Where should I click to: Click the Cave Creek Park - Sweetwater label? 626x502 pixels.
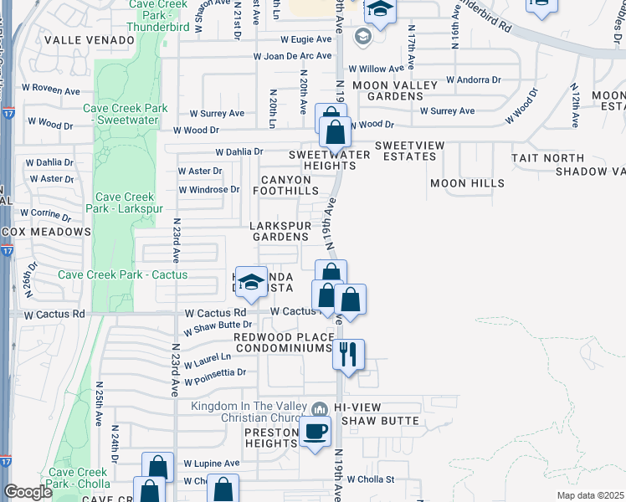tap(126, 115)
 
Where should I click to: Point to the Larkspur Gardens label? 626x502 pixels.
tap(281, 231)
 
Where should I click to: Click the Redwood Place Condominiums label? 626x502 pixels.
tap(283, 342)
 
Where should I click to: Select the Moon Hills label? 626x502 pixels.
tap(467, 182)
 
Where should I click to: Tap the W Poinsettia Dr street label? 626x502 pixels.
tap(216, 374)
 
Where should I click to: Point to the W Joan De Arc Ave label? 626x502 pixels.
tap(294, 57)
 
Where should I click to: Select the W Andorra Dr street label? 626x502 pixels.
tap(473, 80)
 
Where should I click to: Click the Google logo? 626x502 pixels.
tap(28, 492)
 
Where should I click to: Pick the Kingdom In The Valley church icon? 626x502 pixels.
tap(318, 409)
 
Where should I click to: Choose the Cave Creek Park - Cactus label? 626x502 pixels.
tap(123, 274)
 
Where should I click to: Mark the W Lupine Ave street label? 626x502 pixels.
tap(211, 463)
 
